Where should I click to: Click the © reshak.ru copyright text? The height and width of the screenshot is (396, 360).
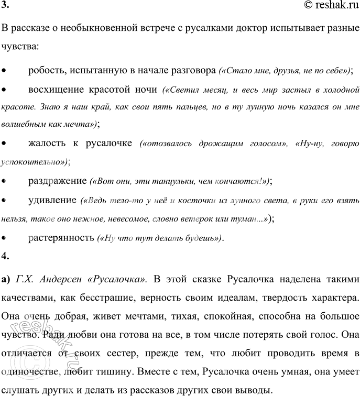click(x=324, y=6)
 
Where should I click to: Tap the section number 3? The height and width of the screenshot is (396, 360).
click(x=5, y=6)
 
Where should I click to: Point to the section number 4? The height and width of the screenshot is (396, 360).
click(x=5, y=256)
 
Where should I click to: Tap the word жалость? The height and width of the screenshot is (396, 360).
click(x=48, y=144)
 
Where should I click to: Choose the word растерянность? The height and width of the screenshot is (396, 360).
click(x=61, y=237)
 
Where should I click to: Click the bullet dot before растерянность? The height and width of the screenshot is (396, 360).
click(x=5, y=237)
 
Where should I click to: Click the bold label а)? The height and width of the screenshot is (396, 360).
click(x=7, y=278)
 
